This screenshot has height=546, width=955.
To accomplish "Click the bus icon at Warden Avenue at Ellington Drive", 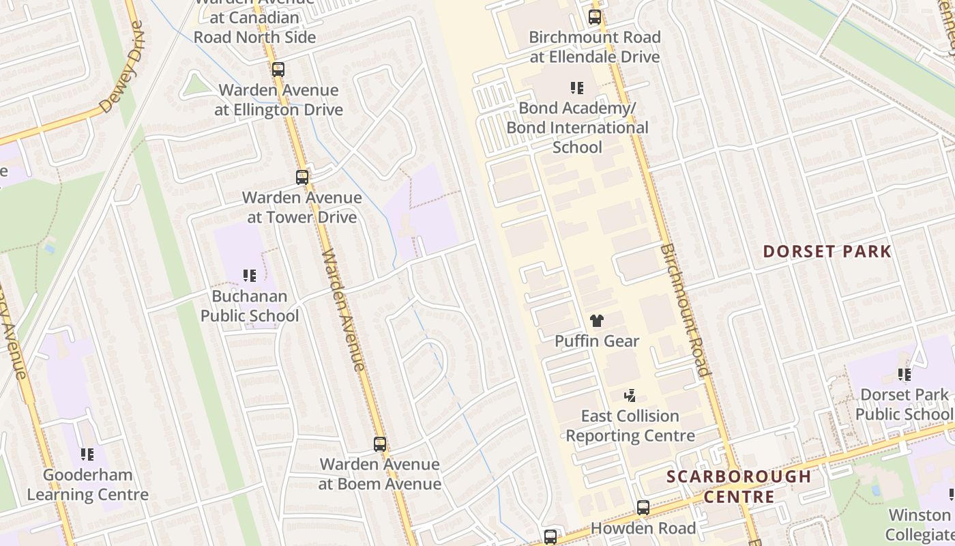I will point(278,69).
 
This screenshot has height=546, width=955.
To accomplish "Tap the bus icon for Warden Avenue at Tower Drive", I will point(302,177).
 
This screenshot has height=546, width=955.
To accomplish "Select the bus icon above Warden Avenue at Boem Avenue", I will point(380,444).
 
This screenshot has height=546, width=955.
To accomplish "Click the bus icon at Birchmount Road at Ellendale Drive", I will point(595,17).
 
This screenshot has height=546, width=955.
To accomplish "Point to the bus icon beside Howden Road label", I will point(643,508).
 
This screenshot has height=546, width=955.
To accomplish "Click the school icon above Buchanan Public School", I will point(250,276).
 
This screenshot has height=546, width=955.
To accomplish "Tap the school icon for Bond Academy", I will point(577,88).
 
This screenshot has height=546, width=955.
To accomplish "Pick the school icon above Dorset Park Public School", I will point(905,375).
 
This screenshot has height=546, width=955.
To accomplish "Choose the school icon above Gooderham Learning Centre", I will point(87,454).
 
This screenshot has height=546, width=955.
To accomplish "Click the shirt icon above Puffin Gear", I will point(597,321).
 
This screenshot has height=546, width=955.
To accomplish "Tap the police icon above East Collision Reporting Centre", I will point(630,395).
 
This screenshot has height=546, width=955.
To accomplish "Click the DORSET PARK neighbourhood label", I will point(827,251).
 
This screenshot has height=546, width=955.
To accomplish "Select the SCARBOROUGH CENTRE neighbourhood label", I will point(739,486).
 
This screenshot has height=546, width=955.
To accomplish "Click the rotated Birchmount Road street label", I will point(685,311).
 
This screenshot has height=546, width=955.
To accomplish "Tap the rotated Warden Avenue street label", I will point(344,311).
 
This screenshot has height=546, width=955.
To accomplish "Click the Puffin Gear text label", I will point(597,341).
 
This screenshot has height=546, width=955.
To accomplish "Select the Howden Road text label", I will point(643,528).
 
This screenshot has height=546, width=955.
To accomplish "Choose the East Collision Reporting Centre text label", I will point(630,425).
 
